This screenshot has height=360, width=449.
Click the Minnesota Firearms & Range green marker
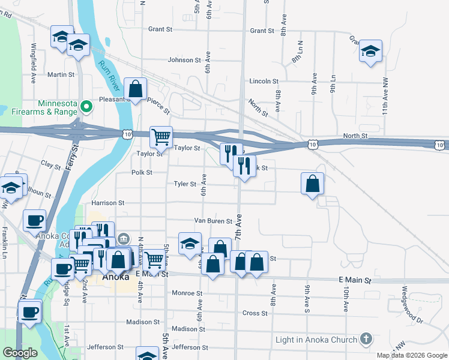click(86, 107)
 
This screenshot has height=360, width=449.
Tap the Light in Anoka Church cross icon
click(366, 340)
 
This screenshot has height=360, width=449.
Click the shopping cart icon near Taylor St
click(161, 137)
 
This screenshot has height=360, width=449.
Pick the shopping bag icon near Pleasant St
click(136, 89)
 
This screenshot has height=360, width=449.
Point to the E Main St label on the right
click(355, 280)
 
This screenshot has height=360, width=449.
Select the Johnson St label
click(184, 60)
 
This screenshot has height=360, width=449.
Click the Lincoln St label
click(264, 81)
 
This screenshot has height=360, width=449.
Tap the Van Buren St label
click(212, 221)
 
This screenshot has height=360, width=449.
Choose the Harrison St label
click(107, 203)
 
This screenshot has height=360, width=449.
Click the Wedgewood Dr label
click(413, 295)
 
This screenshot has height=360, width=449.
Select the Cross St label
click(255, 313)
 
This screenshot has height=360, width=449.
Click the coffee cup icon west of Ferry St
click(35, 220)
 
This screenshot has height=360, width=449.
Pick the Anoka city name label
click(116, 277)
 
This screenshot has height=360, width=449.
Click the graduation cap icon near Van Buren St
click(190, 243)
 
